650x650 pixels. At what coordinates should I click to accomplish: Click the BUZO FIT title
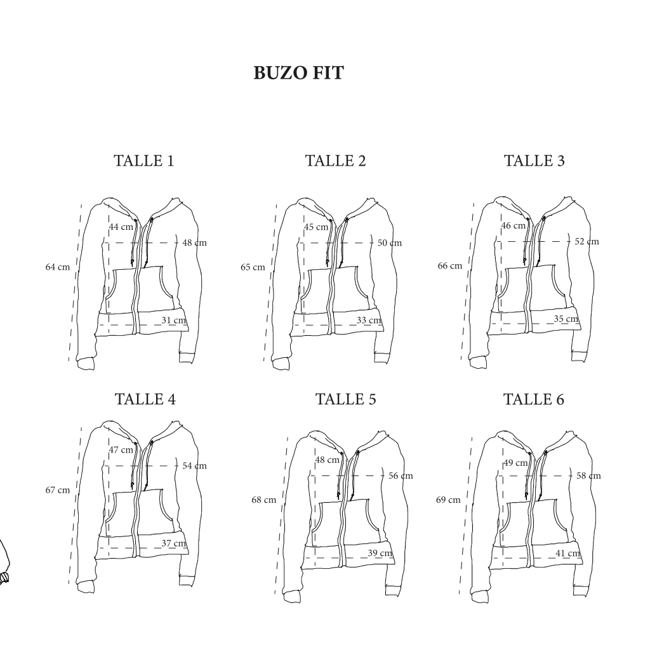[x=298, y=73]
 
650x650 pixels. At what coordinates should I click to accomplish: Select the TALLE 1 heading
[x=144, y=161]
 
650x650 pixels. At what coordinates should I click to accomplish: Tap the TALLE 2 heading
[x=335, y=161]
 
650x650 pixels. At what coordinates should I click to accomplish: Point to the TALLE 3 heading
[x=534, y=161]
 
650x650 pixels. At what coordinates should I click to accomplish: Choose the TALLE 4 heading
[x=145, y=399]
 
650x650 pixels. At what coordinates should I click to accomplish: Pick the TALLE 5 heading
[x=346, y=399]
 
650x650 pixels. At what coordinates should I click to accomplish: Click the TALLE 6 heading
[x=534, y=399]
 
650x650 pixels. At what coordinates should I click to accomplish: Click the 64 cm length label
[x=58, y=267]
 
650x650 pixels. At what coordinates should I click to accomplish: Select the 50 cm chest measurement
[x=390, y=243]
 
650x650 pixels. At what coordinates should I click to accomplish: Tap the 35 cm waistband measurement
[x=566, y=319]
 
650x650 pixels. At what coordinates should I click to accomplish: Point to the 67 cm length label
[x=58, y=490]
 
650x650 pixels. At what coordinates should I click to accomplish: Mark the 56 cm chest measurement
[x=401, y=476]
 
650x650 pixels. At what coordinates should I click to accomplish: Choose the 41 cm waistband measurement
[x=568, y=554]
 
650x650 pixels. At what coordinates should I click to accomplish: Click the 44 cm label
[x=121, y=227]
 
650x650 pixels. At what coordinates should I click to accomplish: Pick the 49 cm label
[x=516, y=463]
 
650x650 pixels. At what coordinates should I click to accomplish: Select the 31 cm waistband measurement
[x=174, y=320]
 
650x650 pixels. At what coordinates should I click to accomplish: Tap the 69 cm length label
[x=448, y=500]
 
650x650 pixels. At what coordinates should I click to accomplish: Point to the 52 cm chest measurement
[x=587, y=241]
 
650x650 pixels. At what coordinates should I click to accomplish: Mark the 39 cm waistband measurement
[x=380, y=553]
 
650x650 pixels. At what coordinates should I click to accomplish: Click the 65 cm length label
[x=253, y=267]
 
